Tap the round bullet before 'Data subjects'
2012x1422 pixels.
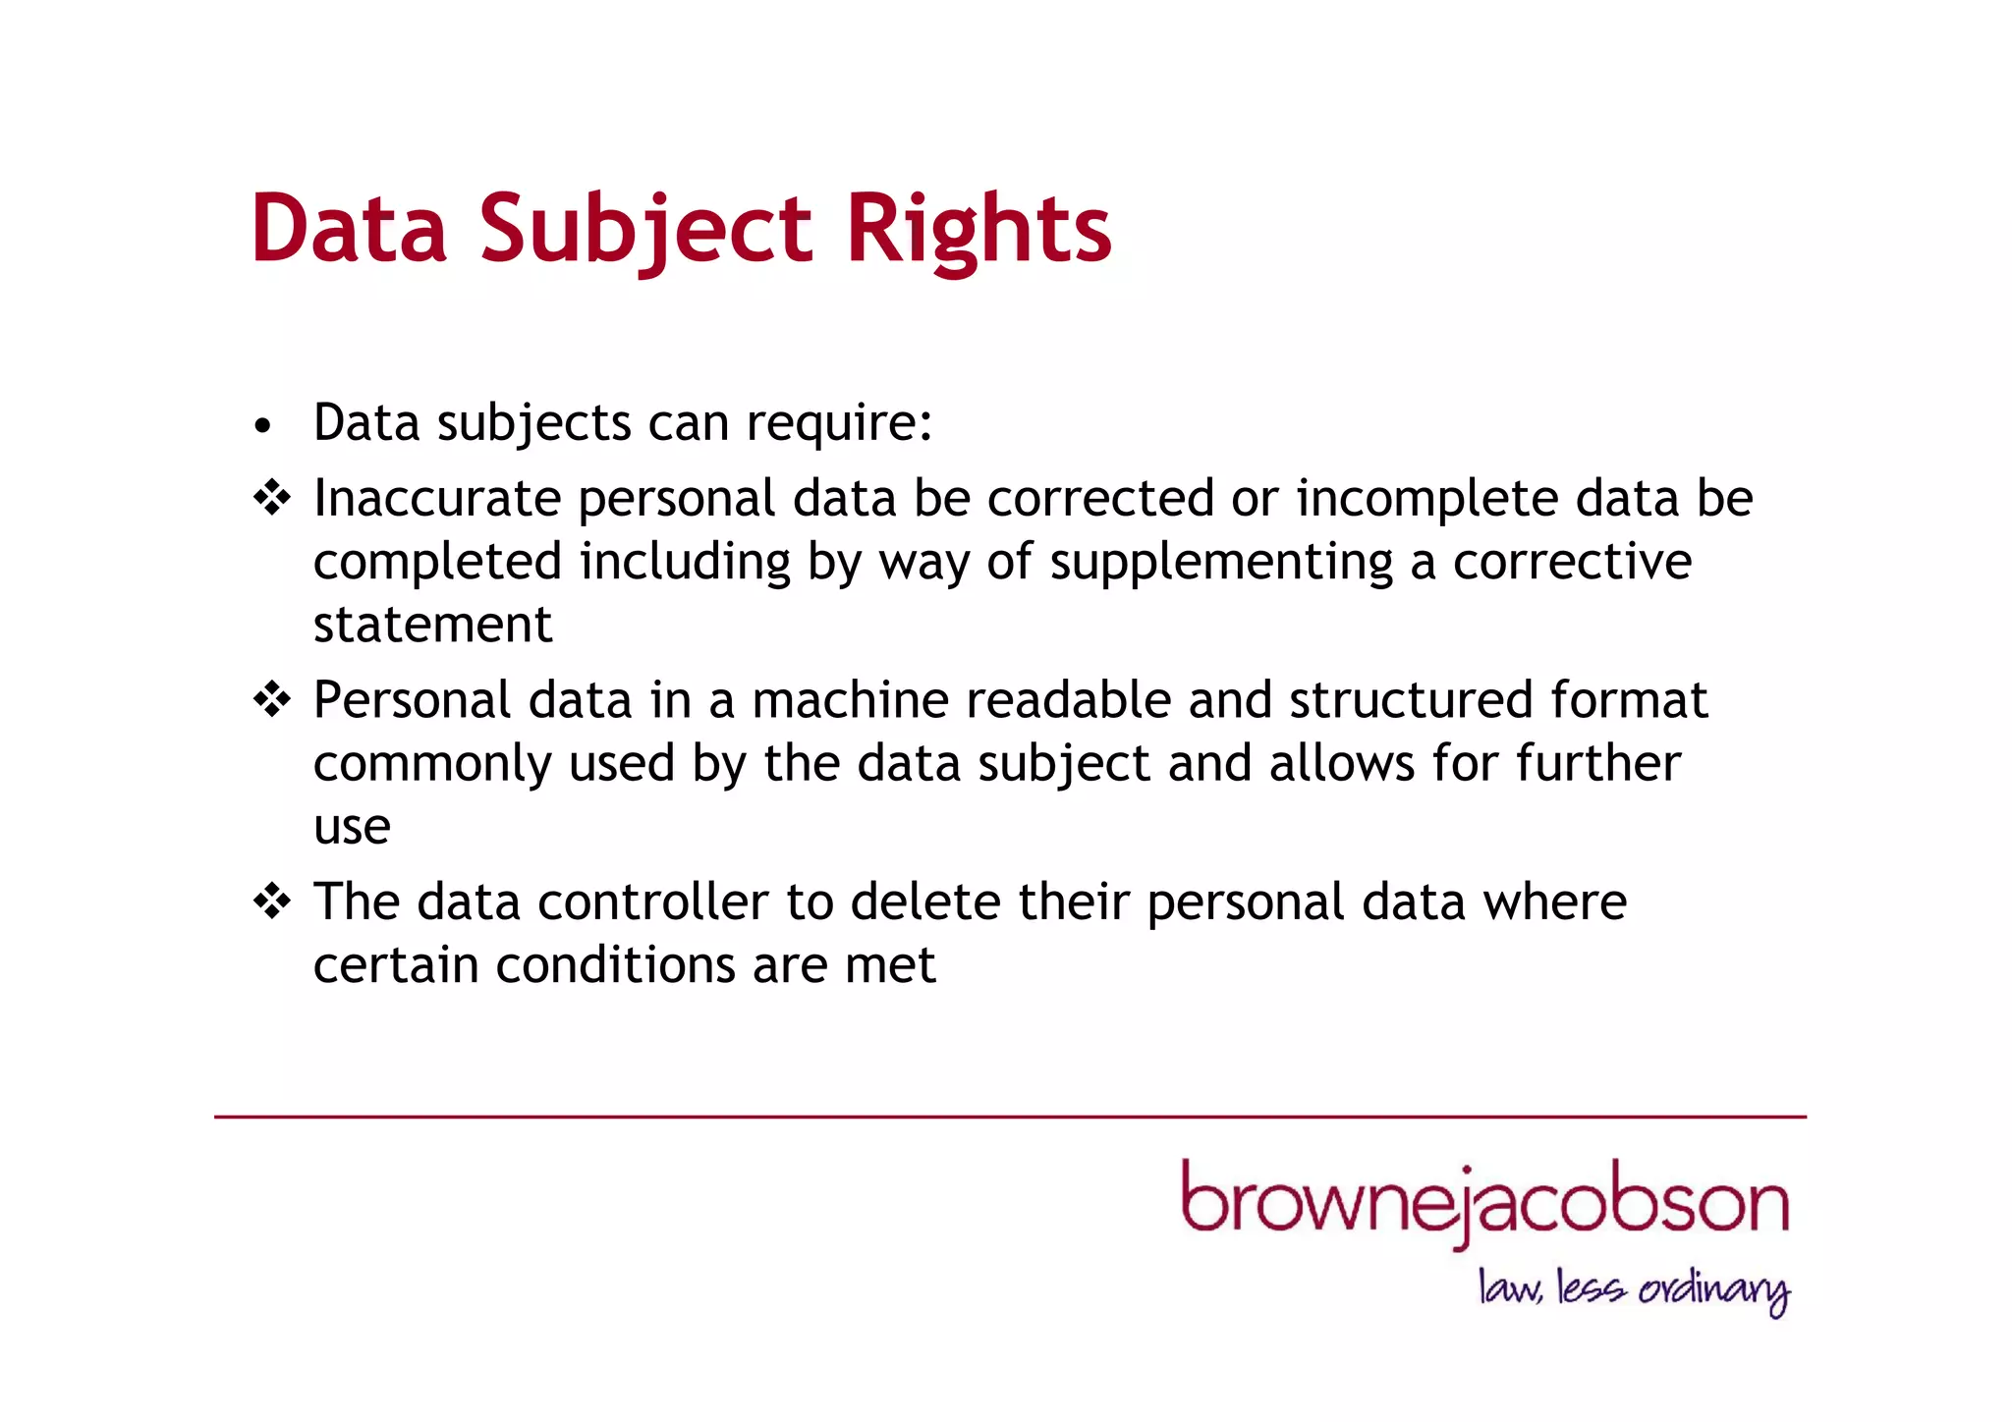pos(261,426)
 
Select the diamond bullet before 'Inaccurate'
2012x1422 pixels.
pos(272,498)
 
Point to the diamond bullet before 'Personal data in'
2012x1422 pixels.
pos(272,699)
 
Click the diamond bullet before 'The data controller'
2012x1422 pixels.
pos(272,901)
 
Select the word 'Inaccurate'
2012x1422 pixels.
pos(436,498)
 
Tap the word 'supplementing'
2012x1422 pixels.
pos(1221,563)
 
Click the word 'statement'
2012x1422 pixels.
pos(433,625)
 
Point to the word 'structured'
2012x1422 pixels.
pos(1411,700)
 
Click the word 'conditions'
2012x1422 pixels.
pos(615,964)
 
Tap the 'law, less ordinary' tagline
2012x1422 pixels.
pos(1634,1289)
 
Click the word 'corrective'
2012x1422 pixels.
pos(1572,563)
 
